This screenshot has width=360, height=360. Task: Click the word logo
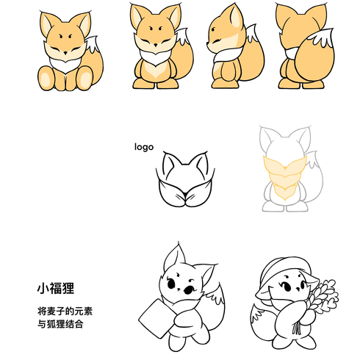coord(144,147)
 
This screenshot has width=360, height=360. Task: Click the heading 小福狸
coord(56,288)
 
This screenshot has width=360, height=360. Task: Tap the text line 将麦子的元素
coord(65,311)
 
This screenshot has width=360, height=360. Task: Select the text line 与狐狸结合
coord(60,324)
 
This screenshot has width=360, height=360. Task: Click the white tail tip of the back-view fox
coord(322,37)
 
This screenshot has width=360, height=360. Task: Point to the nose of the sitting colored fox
coord(65,53)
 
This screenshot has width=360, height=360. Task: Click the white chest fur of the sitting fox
coord(65,65)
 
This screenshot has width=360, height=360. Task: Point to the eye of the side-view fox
coord(214,29)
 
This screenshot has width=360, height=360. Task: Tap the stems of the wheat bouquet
coord(297,328)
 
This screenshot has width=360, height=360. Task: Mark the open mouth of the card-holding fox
coord(187,290)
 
